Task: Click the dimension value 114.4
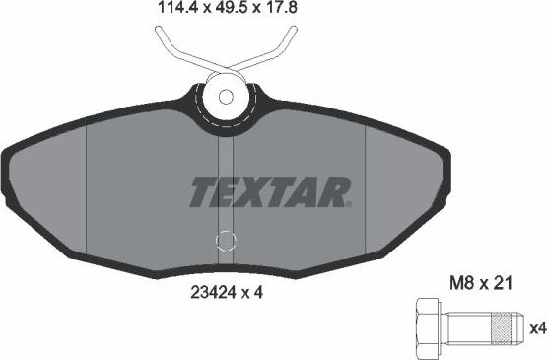pyautogui.click(x=178, y=11)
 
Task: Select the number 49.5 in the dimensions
pyautogui.click(x=229, y=11)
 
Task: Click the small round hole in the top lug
pyautogui.click(x=227, y=98)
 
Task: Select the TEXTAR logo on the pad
pyautogui.click(x=269, y=191)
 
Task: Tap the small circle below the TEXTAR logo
pyautogui.click(x=227, y=241)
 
